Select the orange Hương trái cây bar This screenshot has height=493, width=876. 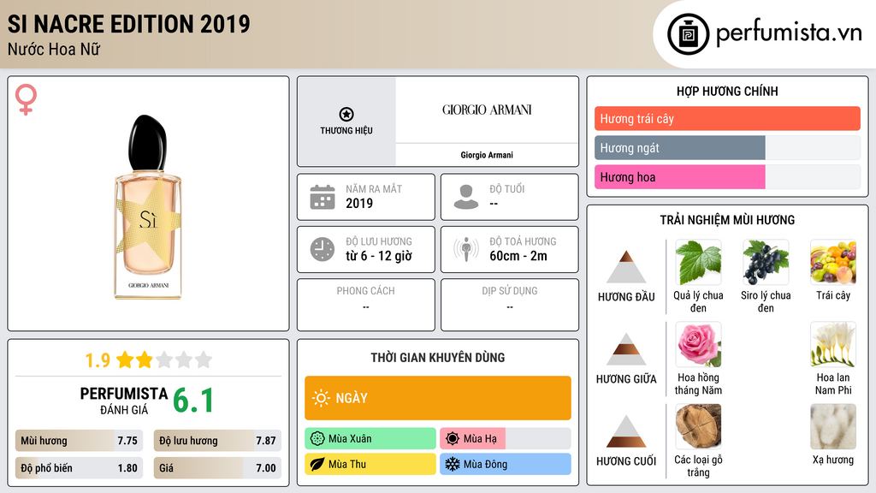(x=726, y=119)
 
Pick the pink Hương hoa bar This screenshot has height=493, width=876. (x=679, y=177)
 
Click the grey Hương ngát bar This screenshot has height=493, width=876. (x=679, y=148)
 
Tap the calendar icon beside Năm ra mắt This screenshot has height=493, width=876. (x=322, y=197)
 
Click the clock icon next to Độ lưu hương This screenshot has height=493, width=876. (x=322, y=249)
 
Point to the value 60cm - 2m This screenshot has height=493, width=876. (x=518, y=256)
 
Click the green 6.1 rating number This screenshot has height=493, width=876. (x=193, y=401)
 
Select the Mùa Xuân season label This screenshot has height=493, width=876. (x=350, y=439)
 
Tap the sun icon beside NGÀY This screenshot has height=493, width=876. (x=321, y=398)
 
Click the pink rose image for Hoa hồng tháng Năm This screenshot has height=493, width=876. (x=698, y=345)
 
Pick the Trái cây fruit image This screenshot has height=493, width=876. (x=832, y=262)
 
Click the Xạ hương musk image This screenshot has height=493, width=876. (x=832, y=426)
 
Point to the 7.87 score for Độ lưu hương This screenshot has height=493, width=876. (x=266, y=441)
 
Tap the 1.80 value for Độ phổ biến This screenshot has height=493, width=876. (x=127, y=468)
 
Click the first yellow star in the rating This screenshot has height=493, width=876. (x=125, y=359)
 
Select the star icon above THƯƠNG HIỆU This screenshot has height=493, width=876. (x=346, y=114)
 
